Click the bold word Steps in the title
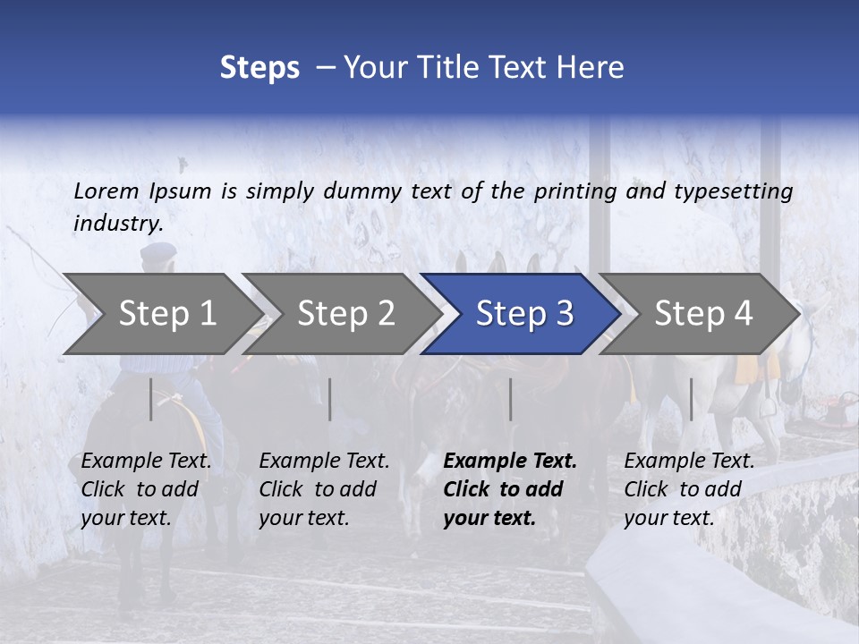pos(259,68)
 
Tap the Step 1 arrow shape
pos(161,313)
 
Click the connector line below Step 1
pos(151,399)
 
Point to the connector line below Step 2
pos(330,399)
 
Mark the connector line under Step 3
pos(511,399)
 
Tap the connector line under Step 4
pos(691,399)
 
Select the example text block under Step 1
pos(146,489)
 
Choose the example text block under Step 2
pos(324,489)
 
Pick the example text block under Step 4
pos(689,489)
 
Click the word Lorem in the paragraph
pos(106,191)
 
